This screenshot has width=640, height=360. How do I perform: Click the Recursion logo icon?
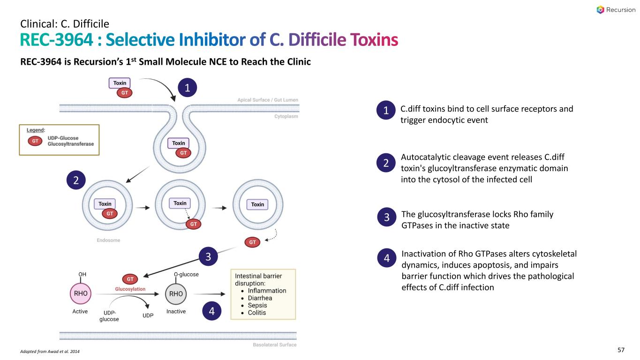click(601, 10)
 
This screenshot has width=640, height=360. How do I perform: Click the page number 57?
click(621, 350)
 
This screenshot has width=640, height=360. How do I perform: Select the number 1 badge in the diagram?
click(188, 88)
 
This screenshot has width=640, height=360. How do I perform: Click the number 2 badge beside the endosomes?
click(76, 180)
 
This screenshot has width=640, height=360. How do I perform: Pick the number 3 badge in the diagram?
click(208, 257)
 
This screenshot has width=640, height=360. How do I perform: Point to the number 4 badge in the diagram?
click(212, 311)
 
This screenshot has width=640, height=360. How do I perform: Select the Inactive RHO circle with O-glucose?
click(176, 294)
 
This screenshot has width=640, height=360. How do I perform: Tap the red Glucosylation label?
click(130, 289)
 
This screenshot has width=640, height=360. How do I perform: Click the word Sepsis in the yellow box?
click(257, 305)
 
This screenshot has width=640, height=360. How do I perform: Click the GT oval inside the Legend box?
click(35, 141)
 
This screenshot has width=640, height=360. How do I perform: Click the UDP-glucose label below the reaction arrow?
click(109, 315)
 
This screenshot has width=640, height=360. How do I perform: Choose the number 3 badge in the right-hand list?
click(387, 218)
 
